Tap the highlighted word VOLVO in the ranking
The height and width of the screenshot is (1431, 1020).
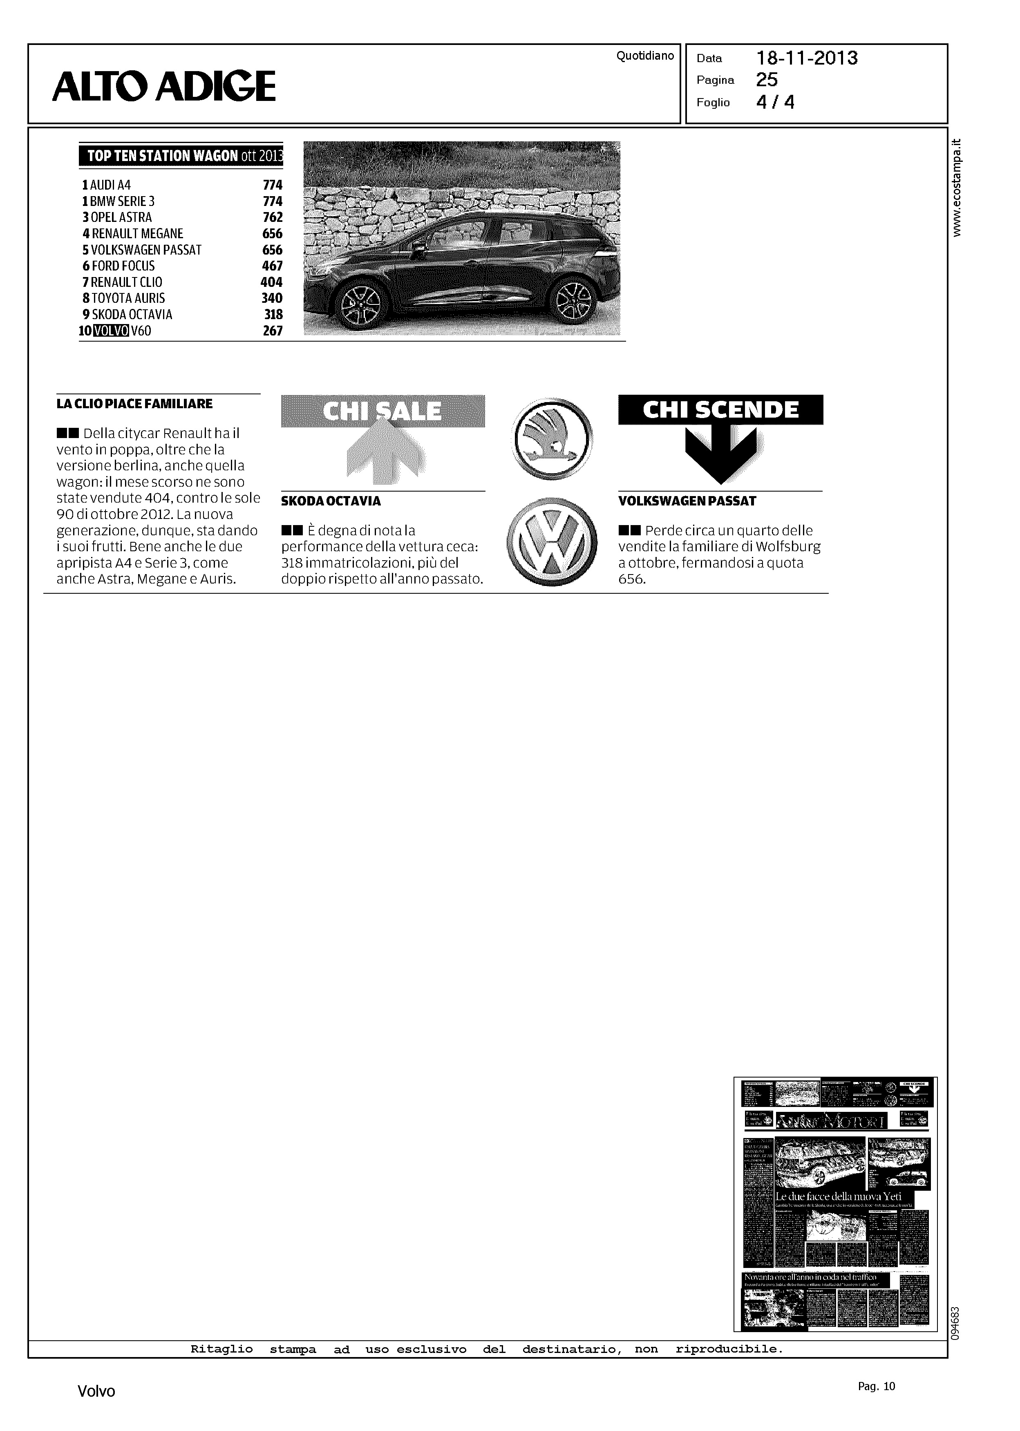(111, 331)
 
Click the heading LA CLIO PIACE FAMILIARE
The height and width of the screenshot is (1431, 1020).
(134, 404)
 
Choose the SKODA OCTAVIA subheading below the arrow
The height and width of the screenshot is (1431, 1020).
(331, 501)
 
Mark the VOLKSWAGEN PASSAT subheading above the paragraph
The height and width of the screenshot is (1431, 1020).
(687, 501)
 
